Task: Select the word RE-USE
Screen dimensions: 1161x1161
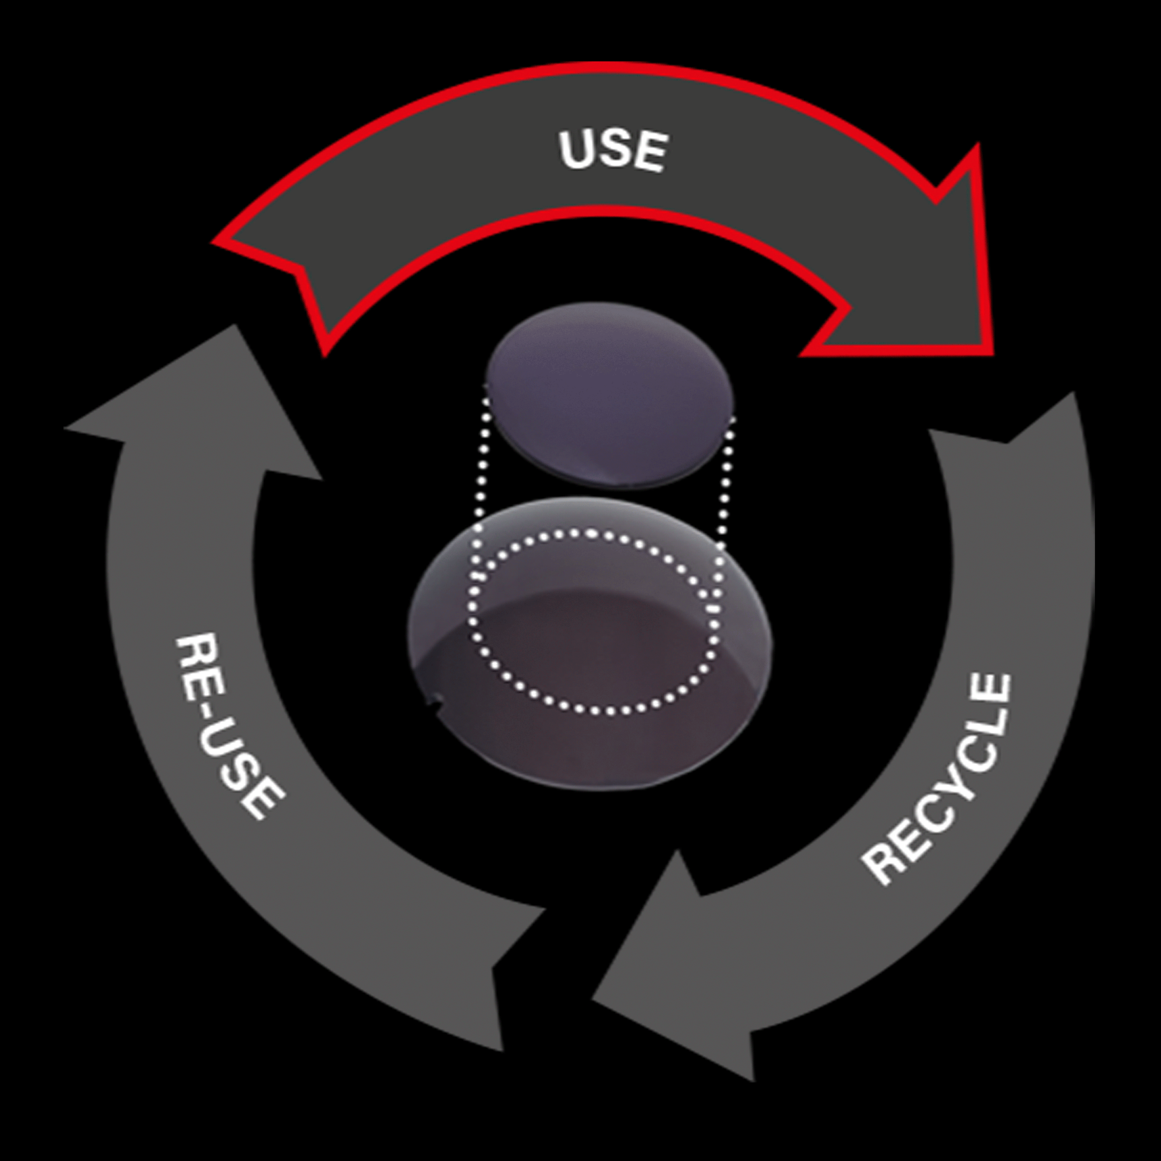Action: (x=228, y=727)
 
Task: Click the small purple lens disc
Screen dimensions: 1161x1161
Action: (x=610, y=393)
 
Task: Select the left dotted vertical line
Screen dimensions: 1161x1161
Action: (x=481, y=469)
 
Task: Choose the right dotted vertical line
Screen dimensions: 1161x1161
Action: (x=728, y=481)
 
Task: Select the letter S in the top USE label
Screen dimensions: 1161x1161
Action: (x=612, y=150)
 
